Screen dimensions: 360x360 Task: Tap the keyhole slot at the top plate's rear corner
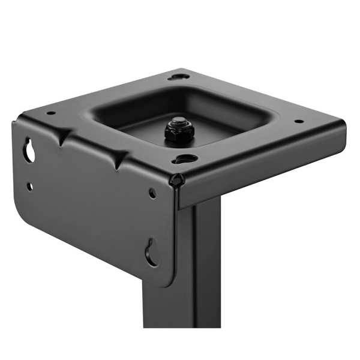point(178,77)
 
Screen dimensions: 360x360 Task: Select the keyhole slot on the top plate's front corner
point(185,159)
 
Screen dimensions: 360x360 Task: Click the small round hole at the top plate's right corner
point(298,121)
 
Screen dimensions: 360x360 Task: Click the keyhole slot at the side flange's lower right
point(151,253)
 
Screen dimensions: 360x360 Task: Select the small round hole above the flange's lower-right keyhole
point(152,193)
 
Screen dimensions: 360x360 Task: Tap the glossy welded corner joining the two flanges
point(176,179)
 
